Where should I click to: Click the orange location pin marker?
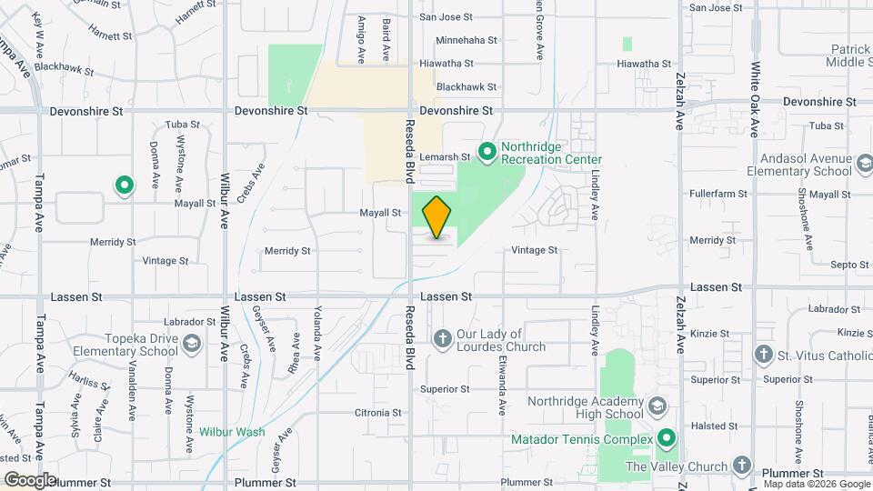click(436, 216)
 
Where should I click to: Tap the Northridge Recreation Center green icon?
click(487, 152)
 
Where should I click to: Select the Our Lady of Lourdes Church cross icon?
click(442, 339)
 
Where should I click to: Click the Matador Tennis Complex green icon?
click(667, 439)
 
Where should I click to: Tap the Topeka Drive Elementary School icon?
click(191, 344)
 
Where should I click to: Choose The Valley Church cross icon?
click(742, 466)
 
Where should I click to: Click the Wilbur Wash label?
click(232, 432)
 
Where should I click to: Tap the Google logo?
click(31, 479)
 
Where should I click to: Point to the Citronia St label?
click(378, 412)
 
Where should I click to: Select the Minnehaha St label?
click(467, 40)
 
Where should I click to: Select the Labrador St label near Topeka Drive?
click(190, 322)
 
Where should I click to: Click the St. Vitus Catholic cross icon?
click(765, 354)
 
